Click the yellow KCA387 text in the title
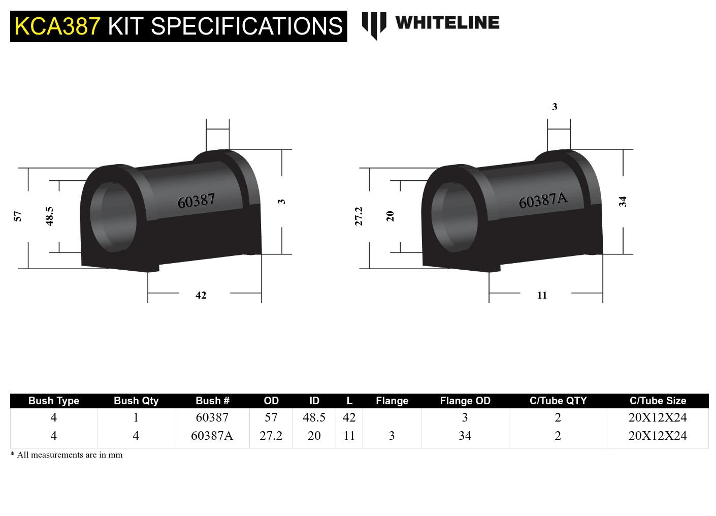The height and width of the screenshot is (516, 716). pyautogui.click(x=57, y=26)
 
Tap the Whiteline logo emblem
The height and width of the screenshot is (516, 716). pyautogui.click(x=374, y=24)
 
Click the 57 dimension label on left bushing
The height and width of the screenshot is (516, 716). pyautogui.click(x=18, y=216)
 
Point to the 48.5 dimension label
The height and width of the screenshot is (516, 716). pyautogui.click(x=49, y=216)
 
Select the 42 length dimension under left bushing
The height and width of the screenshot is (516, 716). pyautogui.click(x=201, y=296)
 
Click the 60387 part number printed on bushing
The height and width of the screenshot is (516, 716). pyautogui.click(x=196, y=201)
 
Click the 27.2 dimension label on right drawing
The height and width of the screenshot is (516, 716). pyautogui.click(x=359, y=216)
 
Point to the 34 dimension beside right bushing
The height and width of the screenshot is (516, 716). pyautogui.click(x=623, y=202)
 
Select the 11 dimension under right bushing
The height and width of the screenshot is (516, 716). pyautogui.click(x=542, y=296)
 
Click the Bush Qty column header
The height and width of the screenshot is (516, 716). pyautogui.click(x=136, y=401)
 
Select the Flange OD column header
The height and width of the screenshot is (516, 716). pyautogui.click(x=465, y=401)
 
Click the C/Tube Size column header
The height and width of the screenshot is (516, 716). pyautogui.click(x=658, y=401)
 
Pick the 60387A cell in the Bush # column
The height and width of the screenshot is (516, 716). pyautogui.click(x=212, y=436)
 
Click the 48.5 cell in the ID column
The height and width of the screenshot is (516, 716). pyautogui.click(x=314, y=417)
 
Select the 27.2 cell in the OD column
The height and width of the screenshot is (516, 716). pyautogui.click(x=271, y=436)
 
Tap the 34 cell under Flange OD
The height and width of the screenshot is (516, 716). pyautogui.click(x=465, y=436)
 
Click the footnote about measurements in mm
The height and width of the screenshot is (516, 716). pyautogui.click(x=67, y=455)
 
